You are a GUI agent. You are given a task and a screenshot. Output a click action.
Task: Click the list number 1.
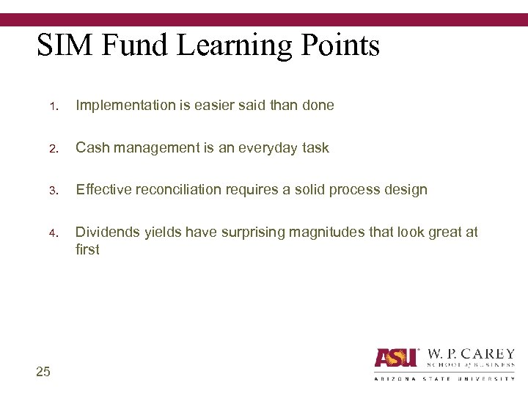[54, 106]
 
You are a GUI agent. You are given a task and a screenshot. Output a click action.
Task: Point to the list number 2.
[54, 149]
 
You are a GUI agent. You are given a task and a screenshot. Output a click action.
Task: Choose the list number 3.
[54, 191]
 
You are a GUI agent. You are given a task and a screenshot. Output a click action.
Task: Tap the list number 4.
[54, 233]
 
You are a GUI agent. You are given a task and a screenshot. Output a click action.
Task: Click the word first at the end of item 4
[87, 249]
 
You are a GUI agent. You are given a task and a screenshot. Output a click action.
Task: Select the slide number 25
[43, 372]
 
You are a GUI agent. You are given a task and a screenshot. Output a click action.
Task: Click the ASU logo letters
[396, 357]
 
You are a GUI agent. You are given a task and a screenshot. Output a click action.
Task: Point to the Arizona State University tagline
[444, 378]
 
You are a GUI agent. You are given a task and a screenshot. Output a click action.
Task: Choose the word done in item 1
[318, 106]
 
